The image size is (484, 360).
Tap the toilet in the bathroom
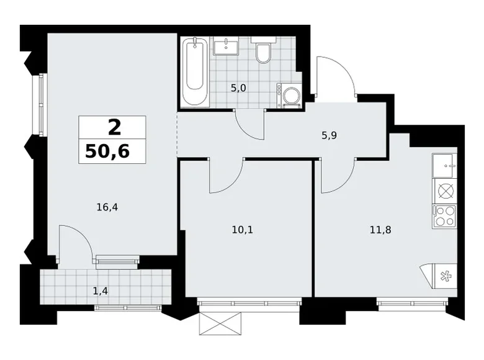(263, 50)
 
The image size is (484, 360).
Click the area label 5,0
(238, 88)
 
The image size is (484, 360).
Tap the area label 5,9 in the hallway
(329, 135)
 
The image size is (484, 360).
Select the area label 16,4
(107, 207)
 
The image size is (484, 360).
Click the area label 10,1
(242, 230)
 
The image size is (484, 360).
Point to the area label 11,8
(380, 230)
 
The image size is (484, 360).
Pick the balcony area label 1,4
(101, 290)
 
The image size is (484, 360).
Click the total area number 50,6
(107, 151)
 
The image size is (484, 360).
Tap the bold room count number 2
(114, 128)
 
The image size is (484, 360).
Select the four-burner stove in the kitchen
(444, 217)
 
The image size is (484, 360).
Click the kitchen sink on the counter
(444, 166)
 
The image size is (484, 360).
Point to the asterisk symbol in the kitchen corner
(445, 276)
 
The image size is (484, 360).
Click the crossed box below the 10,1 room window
(220, 323)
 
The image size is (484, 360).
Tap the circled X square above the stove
(445, 191)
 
